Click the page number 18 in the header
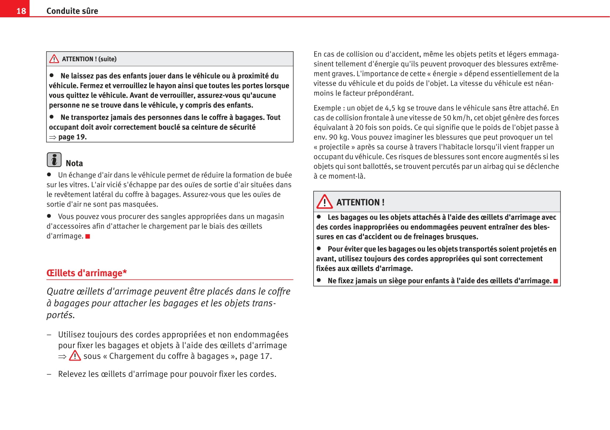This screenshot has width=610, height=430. pyautogui.click(x=21, y=11)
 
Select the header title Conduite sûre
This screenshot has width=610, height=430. pyautogui.click(x=72, y=11)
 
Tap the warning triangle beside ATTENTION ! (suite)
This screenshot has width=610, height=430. pyautogui.click(x=54, y=59)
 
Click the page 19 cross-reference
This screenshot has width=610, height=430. pyautogui.click(x=72, y=137)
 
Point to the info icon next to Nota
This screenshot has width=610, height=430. pyautogui.click(x=54, y=160)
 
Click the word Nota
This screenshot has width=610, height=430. pyautogui.click(x=74, y=163)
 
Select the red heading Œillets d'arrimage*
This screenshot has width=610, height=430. pyautogui.click(x=87, y=273)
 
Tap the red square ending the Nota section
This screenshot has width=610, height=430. pyautogui.click(x=88, y=236)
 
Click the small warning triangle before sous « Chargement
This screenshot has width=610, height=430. pyautogui.click(x=75, y=356)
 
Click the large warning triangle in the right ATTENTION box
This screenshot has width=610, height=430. pyautogui.click(x=325, y=202)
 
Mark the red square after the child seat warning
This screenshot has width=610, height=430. pyautogui.click(x=556, y=281)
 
